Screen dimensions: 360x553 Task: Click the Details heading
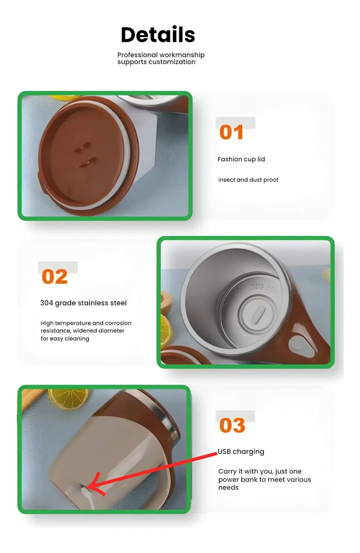(158, 35)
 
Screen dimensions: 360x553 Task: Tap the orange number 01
(231, 132)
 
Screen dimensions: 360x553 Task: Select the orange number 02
(54, 276)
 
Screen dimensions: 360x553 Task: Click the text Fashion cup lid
(241, 159)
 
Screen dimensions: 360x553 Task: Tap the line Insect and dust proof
(248, 180)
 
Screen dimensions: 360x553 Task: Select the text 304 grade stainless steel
(83, 303)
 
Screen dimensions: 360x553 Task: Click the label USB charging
(241, 452)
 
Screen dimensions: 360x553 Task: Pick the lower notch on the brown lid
(88, 162)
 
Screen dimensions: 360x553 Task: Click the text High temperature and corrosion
(86, 323)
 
